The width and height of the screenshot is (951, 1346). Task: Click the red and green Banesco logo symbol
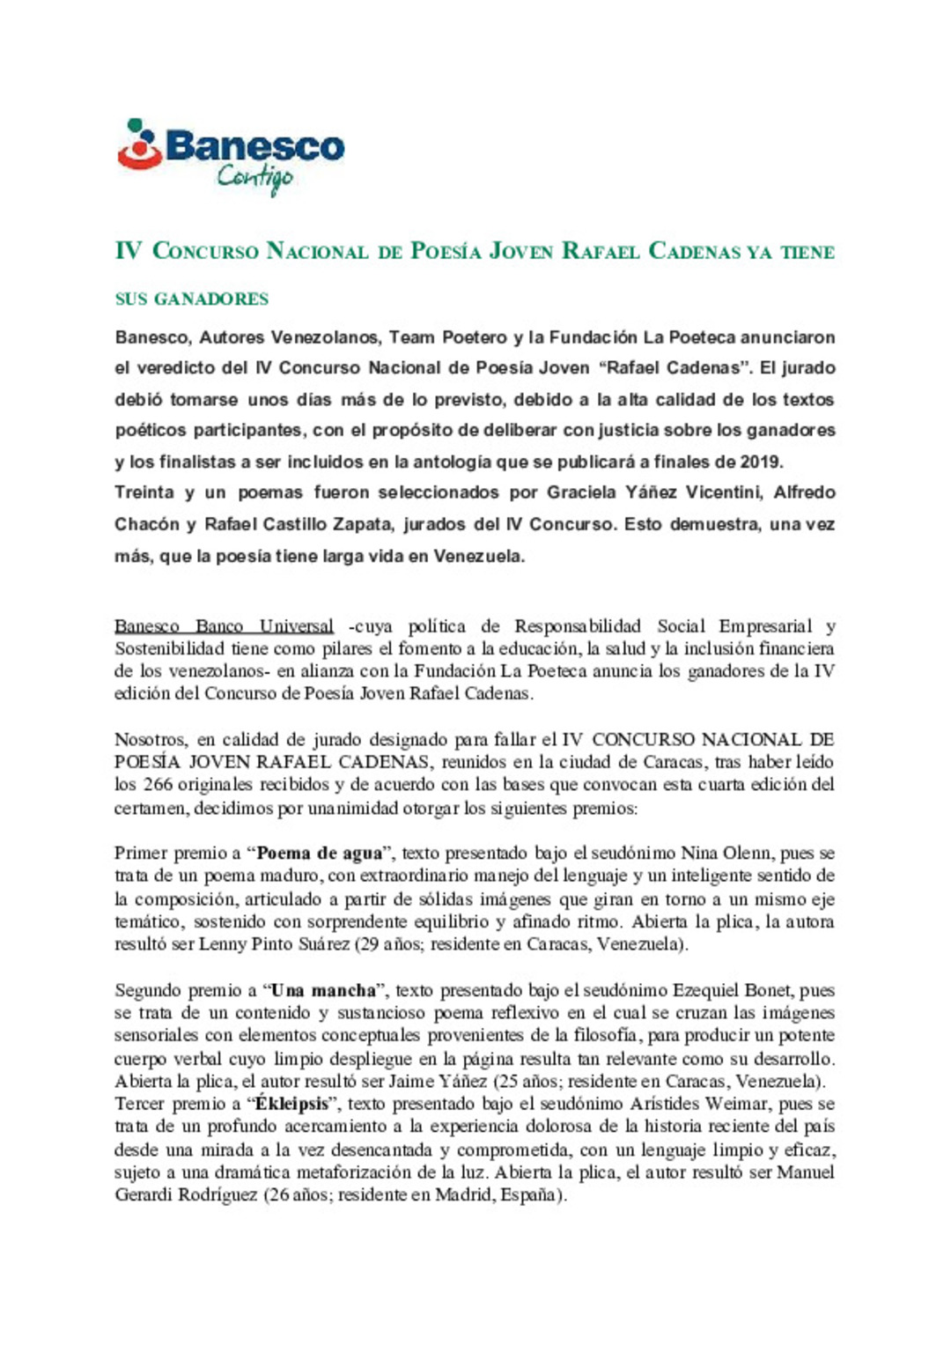[x=140, y=145]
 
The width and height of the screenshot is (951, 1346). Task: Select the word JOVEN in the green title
[x=521, y=252]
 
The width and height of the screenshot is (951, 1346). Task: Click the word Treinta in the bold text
[x=144, y=492]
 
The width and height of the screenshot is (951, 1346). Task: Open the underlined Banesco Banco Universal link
[x=224, y=626]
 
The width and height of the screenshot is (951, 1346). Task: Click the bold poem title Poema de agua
[x=319, y=854]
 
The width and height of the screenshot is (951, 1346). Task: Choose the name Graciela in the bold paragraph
[x=581, y=492]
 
